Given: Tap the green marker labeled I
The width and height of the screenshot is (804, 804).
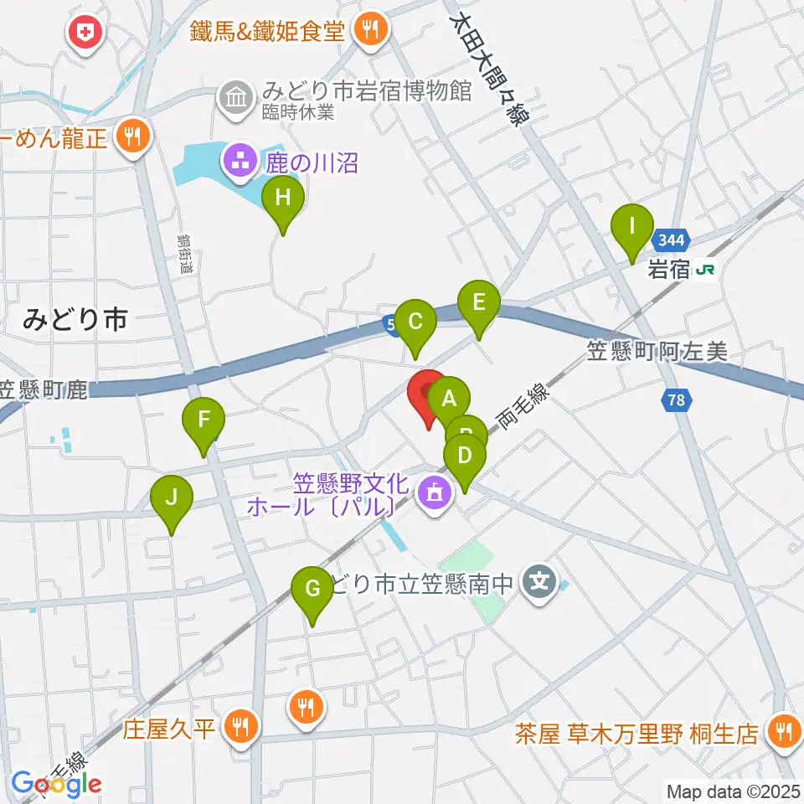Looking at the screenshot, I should [x=632, y=226].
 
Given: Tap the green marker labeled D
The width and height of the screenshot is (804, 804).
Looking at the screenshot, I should [x=465, y=457].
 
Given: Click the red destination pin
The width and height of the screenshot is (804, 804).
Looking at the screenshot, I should [x=429, y=392].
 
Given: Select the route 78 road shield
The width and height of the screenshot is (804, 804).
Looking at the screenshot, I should [x=677, y=401].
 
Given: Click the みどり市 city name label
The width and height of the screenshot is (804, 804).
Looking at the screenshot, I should [x=75, y=318].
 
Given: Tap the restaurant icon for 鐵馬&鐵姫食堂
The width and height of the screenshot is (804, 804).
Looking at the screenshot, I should [x=369, y=30].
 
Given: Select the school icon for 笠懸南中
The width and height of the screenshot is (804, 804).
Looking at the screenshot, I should [x=537, y=580].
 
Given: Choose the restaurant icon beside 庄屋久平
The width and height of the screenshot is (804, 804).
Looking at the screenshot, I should [x=241, y=725].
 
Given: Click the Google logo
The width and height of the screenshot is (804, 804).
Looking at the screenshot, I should [x=56, y=784].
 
